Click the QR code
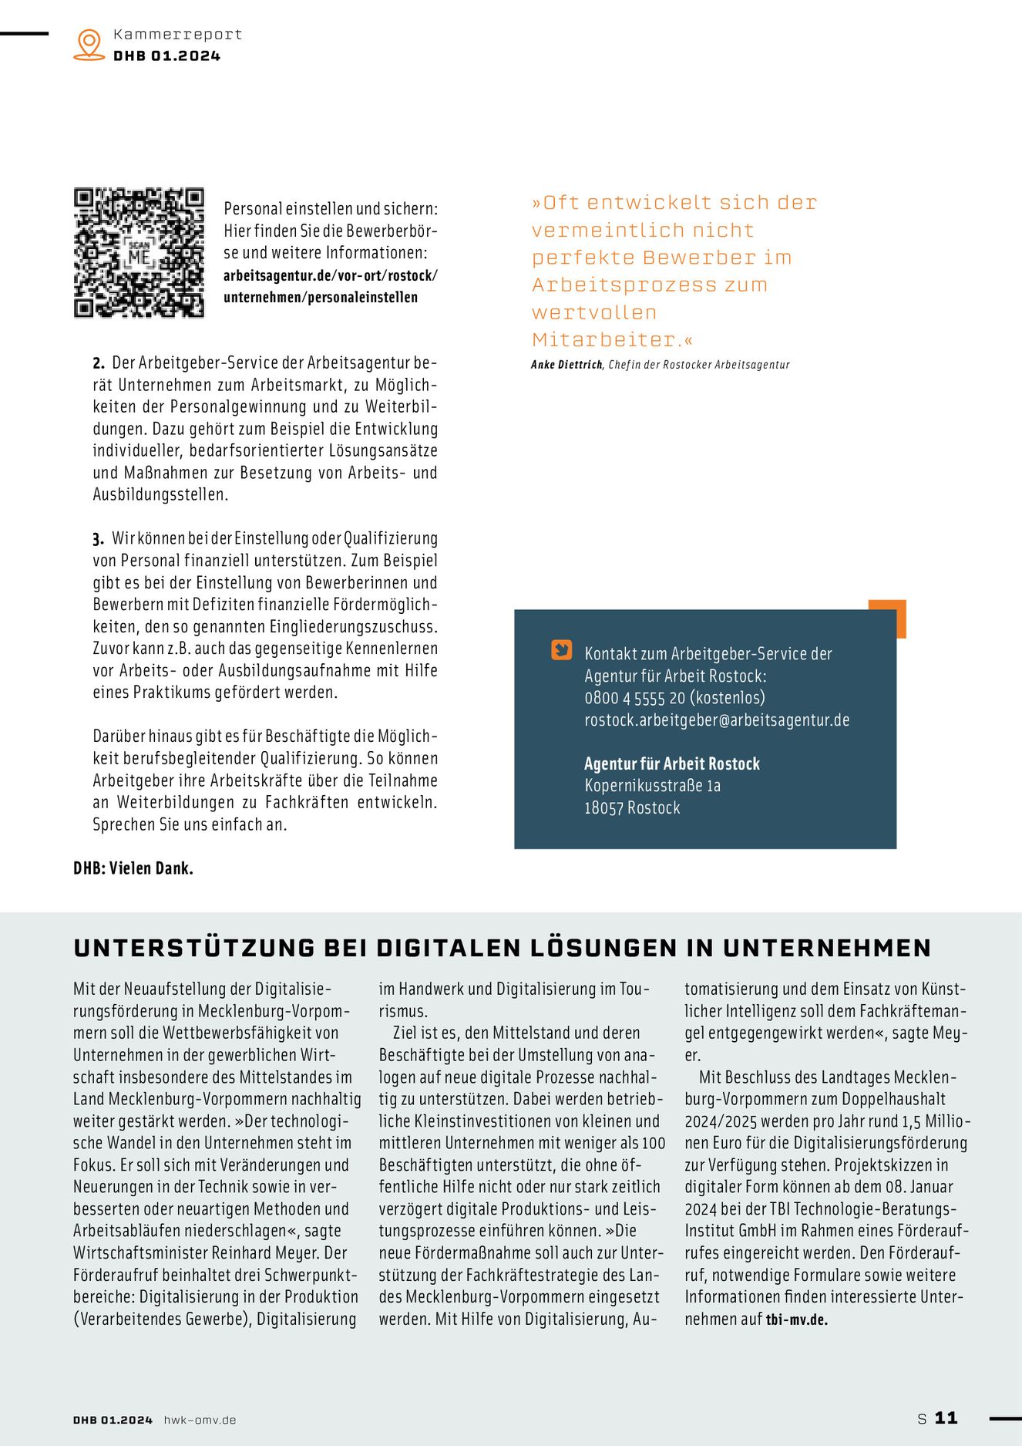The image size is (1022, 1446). point(139,253)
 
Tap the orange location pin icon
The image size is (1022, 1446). point(89,44)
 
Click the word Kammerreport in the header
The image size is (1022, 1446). point(177,35)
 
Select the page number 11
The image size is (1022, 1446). point(946,1417)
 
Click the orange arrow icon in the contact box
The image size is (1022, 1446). point(562,650)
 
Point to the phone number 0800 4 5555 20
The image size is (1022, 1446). point(634,698)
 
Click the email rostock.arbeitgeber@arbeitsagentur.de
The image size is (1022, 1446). point(717,720)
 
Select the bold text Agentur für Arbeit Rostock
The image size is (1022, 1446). point(671,763)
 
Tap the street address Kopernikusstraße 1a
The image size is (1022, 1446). point(652,786)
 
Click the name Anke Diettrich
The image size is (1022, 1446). point(566,365)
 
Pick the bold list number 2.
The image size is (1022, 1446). point(99,363)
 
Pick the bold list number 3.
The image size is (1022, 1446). point(99,539)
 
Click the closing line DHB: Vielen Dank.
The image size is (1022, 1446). point(133,868)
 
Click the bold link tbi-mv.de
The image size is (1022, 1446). point(797,1320)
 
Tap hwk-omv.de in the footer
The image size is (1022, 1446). point(200,1420)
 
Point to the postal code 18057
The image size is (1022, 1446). point(603,808)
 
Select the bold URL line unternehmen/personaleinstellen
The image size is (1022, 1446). point(321,298)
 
